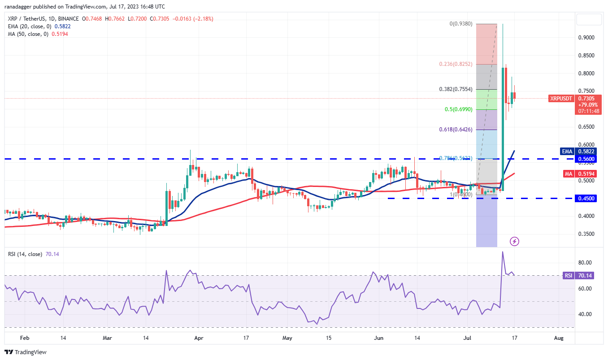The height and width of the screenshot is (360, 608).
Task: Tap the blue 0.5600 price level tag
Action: click(586, 159)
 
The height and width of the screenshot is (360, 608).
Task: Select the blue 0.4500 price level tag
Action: click(586, 199)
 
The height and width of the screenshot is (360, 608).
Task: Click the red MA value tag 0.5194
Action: click(586, 173)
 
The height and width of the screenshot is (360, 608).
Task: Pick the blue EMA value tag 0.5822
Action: click(586, 152)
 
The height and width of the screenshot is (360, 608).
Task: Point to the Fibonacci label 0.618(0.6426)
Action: click(456, 130)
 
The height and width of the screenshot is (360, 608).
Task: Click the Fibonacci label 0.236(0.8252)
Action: click(456, 64)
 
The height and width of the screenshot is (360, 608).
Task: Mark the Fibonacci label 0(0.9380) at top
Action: click(461, 24)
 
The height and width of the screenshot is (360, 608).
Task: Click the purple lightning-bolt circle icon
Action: click(515, 242)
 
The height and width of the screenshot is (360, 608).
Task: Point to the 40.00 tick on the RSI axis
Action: click(587, 314)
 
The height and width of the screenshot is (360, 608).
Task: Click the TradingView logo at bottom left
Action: click(26, 352)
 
